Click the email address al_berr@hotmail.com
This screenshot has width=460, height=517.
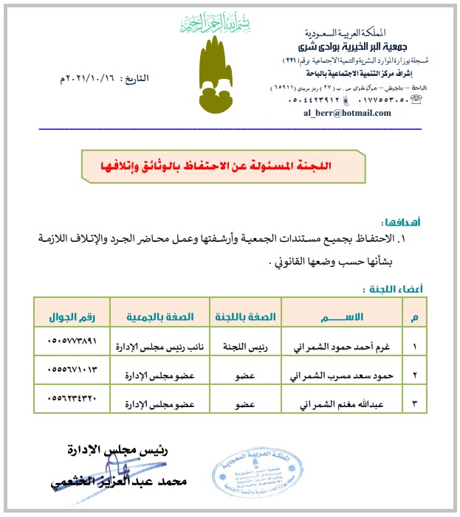click(346, 112)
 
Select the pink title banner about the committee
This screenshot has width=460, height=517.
click(222, 167)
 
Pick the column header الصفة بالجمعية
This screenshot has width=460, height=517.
click(161, 316)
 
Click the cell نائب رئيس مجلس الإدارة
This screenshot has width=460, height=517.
click(161, 346)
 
